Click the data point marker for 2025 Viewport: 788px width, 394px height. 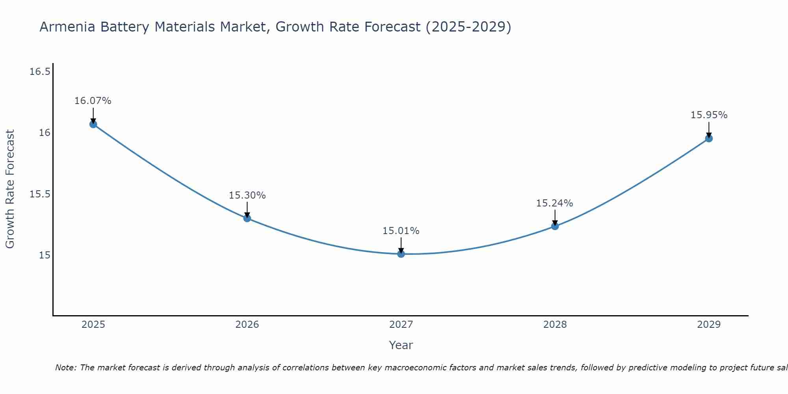click(93, 124)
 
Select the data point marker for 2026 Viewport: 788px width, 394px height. click(247, 218)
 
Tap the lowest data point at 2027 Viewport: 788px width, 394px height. click(401, 254)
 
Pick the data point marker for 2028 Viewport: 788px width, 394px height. click(555, 226)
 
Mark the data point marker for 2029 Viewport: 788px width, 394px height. click(709, 138)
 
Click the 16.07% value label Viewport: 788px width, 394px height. click(93, 101)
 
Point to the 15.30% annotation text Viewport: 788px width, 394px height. click(247, 195)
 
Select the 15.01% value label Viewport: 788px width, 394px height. click(401, 231)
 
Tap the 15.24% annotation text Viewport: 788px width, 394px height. click(555, 203)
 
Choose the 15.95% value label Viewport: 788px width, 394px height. click(709, 115)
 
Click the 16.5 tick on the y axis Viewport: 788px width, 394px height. click(40, 72)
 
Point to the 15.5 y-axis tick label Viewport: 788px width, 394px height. click(40, 194)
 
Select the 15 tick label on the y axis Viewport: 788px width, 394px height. click(45, 255)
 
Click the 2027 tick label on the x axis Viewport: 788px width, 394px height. click(401, 325)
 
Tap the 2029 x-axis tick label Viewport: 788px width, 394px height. click(709, 325)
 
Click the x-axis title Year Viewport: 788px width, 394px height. click(401, 345)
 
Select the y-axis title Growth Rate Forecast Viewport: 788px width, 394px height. click(10, 189)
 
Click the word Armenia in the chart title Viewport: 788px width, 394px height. click(67, 27)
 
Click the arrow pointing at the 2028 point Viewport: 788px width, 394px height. click(555, 217)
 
